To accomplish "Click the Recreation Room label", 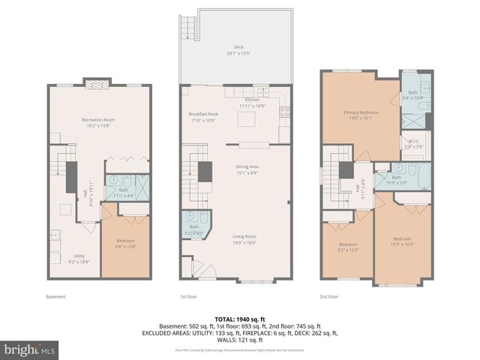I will click(98, 122).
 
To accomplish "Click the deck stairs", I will click(187, 30).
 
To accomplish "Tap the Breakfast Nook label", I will click(202, 117).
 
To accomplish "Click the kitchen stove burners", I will click(285, 114).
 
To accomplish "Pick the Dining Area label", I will click(247, 171).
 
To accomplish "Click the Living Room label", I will click(244, 239).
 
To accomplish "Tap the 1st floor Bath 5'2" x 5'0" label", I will click(193, 229).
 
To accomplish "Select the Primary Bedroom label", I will click(361, 115).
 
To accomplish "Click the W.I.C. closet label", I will click(414, 144).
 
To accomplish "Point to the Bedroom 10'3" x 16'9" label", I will click(403, 242).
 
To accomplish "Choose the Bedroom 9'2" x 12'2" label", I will click(348, 247).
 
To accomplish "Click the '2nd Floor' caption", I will click(329, 297).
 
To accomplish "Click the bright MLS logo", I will click(30, 349).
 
